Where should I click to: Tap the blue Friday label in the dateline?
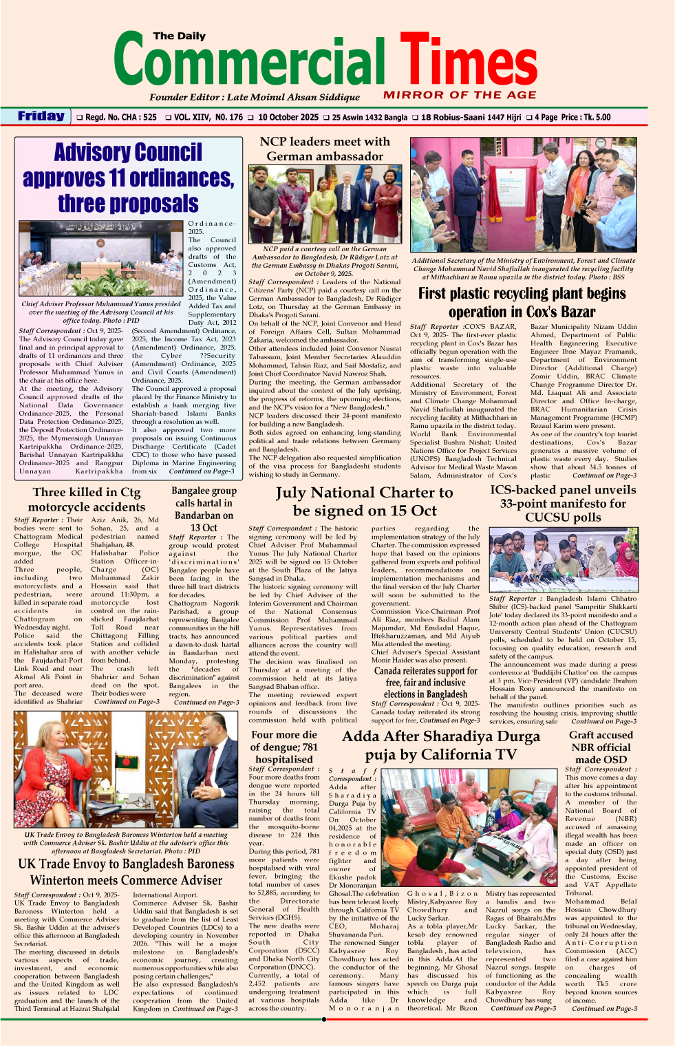click(41, 116)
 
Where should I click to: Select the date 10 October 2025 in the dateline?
click(288, 117)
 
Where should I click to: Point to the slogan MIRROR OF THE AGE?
click(460, 95)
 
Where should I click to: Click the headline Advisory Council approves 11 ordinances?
click(128, 178)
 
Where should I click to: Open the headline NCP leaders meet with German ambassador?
click(325, 149)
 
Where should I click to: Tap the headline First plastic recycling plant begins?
click(522, 302)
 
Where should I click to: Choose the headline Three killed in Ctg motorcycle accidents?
click(87, 499)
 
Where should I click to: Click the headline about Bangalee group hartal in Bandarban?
click(204, 509)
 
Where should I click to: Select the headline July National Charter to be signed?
click(365, 501)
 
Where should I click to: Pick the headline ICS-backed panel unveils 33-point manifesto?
click(563, 503)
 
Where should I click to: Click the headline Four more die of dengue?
click(283, 747)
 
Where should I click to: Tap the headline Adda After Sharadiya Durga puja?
click(441, 745)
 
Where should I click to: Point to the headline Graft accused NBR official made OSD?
click(601, 747)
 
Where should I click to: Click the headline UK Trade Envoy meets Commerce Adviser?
click(126, 872)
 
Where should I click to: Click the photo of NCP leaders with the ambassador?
click(325, 204)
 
